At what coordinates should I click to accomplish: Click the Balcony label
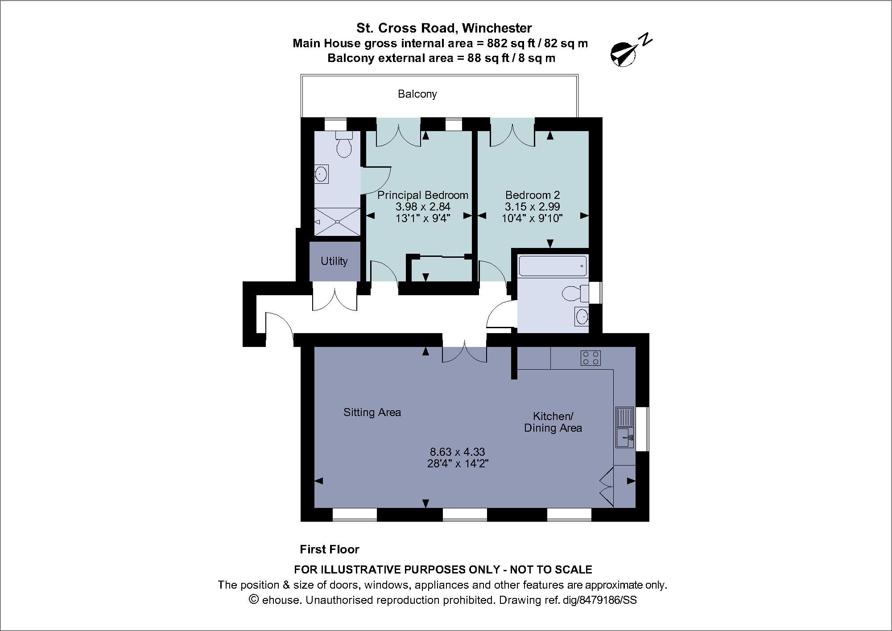coord(417,94)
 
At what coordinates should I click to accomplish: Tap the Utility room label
coord(334,261)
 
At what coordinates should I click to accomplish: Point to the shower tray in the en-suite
coord(337,222)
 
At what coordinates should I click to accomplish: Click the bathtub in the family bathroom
coord(552,266)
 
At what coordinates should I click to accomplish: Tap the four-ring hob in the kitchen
coord(591,358)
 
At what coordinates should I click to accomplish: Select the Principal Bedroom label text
coord(423,195)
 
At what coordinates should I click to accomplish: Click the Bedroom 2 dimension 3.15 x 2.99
coord(532,206)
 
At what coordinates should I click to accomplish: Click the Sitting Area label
coord(372,412)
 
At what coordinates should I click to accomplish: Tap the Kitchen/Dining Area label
coord(553,422)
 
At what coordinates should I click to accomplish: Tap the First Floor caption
coord(329,549)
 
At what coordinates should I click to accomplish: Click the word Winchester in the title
coord(497,28)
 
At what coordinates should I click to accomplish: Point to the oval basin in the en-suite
coord(321,173)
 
